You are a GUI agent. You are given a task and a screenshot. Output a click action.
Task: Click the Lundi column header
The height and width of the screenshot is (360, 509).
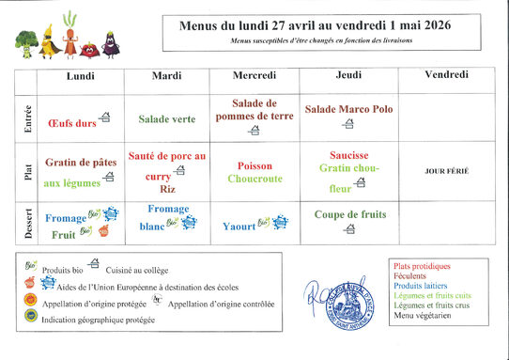[x=80, y=74]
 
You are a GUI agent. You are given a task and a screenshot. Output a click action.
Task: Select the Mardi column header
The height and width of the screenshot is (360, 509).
[x=166, y=74]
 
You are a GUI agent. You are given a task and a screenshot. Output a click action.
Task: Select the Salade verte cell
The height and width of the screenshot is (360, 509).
[x=167, y=119]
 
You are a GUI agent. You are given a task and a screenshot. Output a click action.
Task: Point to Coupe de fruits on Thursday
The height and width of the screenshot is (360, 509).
[x=349, y=214]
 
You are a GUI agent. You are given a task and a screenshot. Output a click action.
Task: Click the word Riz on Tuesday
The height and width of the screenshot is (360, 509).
[x=167, y=189]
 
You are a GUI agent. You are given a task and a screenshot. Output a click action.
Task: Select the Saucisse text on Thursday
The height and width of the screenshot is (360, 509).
[x=349, y=155]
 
